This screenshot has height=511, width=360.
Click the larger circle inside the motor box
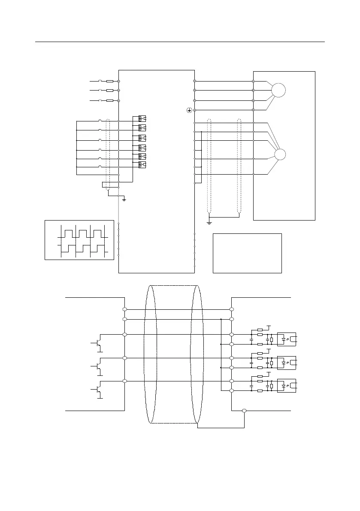point(278,91)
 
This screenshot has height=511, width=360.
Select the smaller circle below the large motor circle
point(280,154)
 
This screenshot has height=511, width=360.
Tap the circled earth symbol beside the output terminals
point(189,110)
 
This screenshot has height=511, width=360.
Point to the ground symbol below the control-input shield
point(124,199)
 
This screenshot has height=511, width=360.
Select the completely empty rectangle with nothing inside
point(247,253)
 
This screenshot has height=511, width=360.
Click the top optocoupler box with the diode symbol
point(287,339)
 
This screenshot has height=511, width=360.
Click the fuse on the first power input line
point(110,81)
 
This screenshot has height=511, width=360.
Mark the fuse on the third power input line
point(110,100)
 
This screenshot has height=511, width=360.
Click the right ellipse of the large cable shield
point(197,354)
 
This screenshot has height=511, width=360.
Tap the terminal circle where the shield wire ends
point(244,411)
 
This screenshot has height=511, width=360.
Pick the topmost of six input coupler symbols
point(142,118)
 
